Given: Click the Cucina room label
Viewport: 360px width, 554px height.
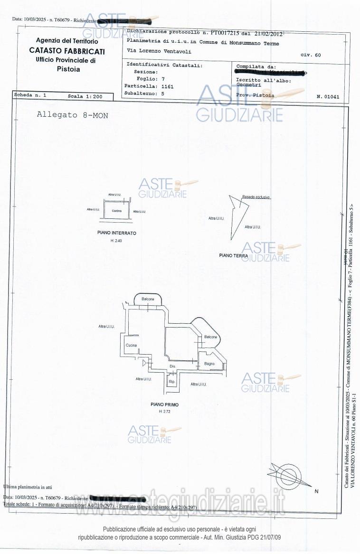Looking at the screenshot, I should coord(132,345).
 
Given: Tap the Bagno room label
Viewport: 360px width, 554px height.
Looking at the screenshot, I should coord(209,364).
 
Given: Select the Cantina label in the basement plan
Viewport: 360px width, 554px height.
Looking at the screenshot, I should coord(117,211).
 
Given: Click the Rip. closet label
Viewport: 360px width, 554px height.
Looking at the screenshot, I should coord(172,382).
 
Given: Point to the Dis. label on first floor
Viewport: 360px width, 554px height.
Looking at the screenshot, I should coord(172,366).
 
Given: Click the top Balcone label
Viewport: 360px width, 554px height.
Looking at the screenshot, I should coord(148,299).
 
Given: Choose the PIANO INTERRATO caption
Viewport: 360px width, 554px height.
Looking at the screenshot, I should coord(117,233).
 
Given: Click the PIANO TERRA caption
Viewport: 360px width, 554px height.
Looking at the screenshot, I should coord(233,255).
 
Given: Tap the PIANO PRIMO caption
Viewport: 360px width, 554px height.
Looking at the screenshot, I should coord(164,404).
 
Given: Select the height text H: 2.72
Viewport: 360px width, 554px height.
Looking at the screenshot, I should coord(164,411).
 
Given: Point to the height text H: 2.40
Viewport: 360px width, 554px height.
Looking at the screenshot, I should coord(116,241).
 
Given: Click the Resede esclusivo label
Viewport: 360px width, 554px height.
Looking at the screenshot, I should coord(256,197).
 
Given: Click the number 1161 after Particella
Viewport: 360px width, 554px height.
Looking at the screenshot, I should coord(168,87).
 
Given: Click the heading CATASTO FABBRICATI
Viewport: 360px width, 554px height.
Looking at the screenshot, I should coord(67,51).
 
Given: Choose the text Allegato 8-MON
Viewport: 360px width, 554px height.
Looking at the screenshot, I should coord(72,115).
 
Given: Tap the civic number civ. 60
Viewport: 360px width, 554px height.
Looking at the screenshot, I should coord(311,55).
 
